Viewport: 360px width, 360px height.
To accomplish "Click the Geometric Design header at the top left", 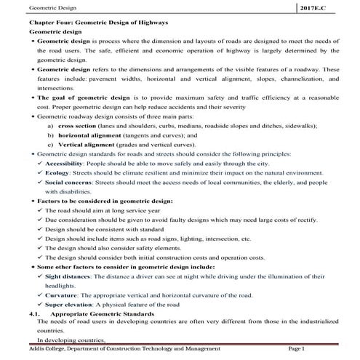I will (32, 7).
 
